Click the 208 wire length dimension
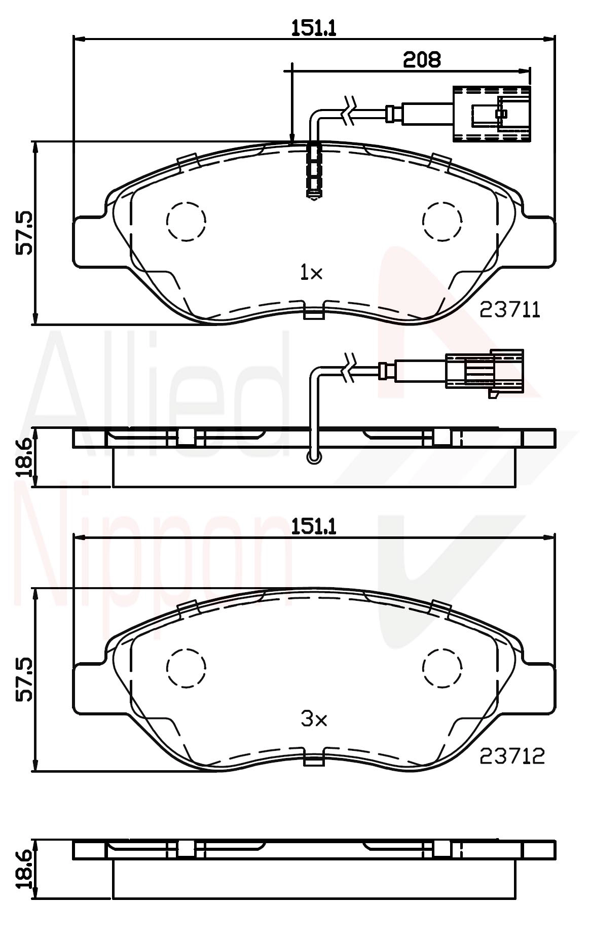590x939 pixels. [422, 60]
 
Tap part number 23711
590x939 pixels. [510, 310]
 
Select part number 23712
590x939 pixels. [512, 757]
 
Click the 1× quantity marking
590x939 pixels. [311, 274]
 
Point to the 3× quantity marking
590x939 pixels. [314, 719]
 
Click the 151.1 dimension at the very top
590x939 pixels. [314, 28]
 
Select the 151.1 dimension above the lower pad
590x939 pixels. [314, 527]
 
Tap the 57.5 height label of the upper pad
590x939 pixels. [24, 233]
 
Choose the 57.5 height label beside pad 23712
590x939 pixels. [24, 680]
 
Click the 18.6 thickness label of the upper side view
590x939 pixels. [24, 458]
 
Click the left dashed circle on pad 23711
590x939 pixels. [186, 221]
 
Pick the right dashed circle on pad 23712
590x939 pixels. [442, 668]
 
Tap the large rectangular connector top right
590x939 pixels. [491, 114]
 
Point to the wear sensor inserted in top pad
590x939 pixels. [314, 170]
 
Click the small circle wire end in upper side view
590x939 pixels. [314, 458]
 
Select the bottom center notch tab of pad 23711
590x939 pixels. [314, 312]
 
